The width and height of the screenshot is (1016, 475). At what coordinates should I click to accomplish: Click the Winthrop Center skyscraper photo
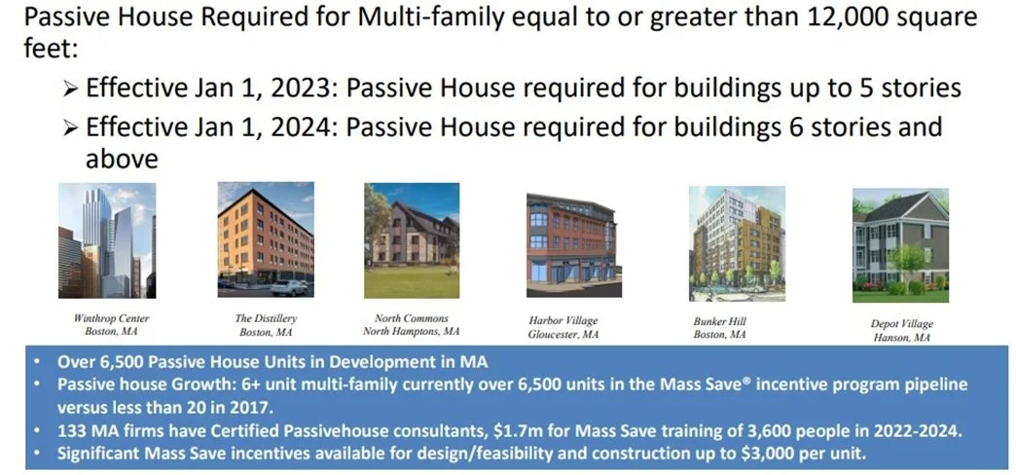(x=106, y=240)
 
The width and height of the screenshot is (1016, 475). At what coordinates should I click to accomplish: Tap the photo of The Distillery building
(x=266, y=240)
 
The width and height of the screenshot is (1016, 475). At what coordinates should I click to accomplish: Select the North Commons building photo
(x=411, y=240)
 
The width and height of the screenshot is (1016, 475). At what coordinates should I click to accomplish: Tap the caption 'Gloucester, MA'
(x=563, y=335)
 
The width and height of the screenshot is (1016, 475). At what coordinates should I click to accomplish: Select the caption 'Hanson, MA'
(x=901, y=338)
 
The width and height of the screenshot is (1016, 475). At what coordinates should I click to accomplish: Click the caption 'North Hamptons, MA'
(x=412, y=332)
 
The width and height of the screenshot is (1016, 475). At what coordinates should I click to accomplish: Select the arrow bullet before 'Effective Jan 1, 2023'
(x=70, y=89)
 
